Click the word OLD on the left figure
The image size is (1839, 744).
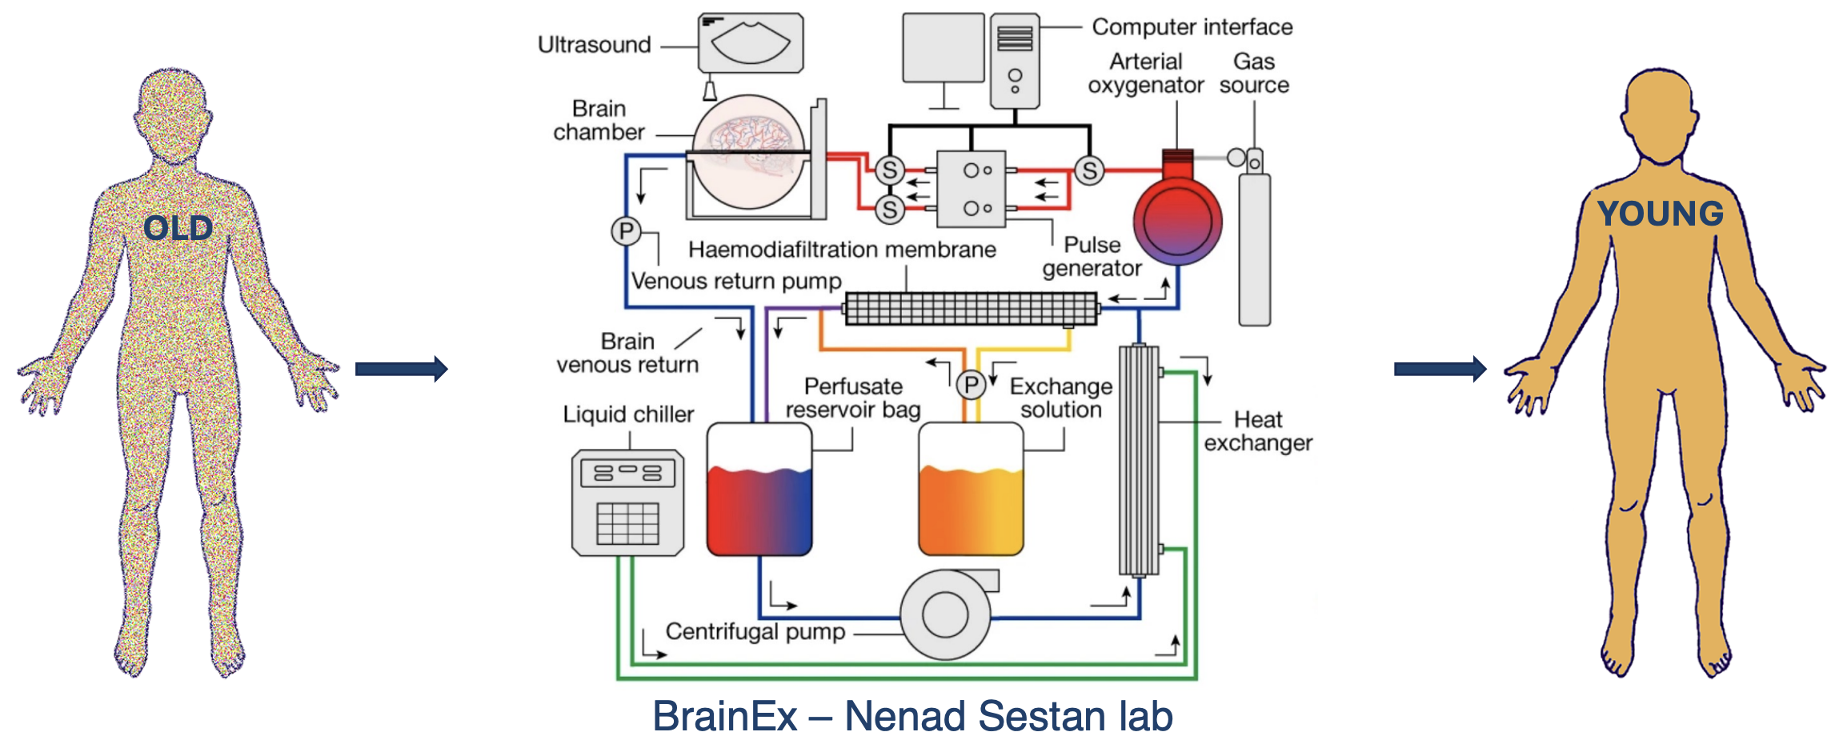coord(178,229)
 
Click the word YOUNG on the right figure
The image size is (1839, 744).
coord(1660,214)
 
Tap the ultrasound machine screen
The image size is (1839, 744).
coord(750,43)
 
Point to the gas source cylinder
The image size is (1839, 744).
coord(1254,248)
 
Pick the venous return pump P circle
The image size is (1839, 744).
coord(626,232)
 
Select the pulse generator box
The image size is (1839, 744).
coord(971,189)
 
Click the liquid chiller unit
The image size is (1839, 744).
coord(628,502)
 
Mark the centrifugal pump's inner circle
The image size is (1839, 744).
coord(945,614)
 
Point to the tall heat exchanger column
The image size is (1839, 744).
coord(1138,460)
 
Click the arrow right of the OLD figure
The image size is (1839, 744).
coord(401,369)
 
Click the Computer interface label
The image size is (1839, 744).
coord(1192,27)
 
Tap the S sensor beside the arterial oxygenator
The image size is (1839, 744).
coord(1089,170)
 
